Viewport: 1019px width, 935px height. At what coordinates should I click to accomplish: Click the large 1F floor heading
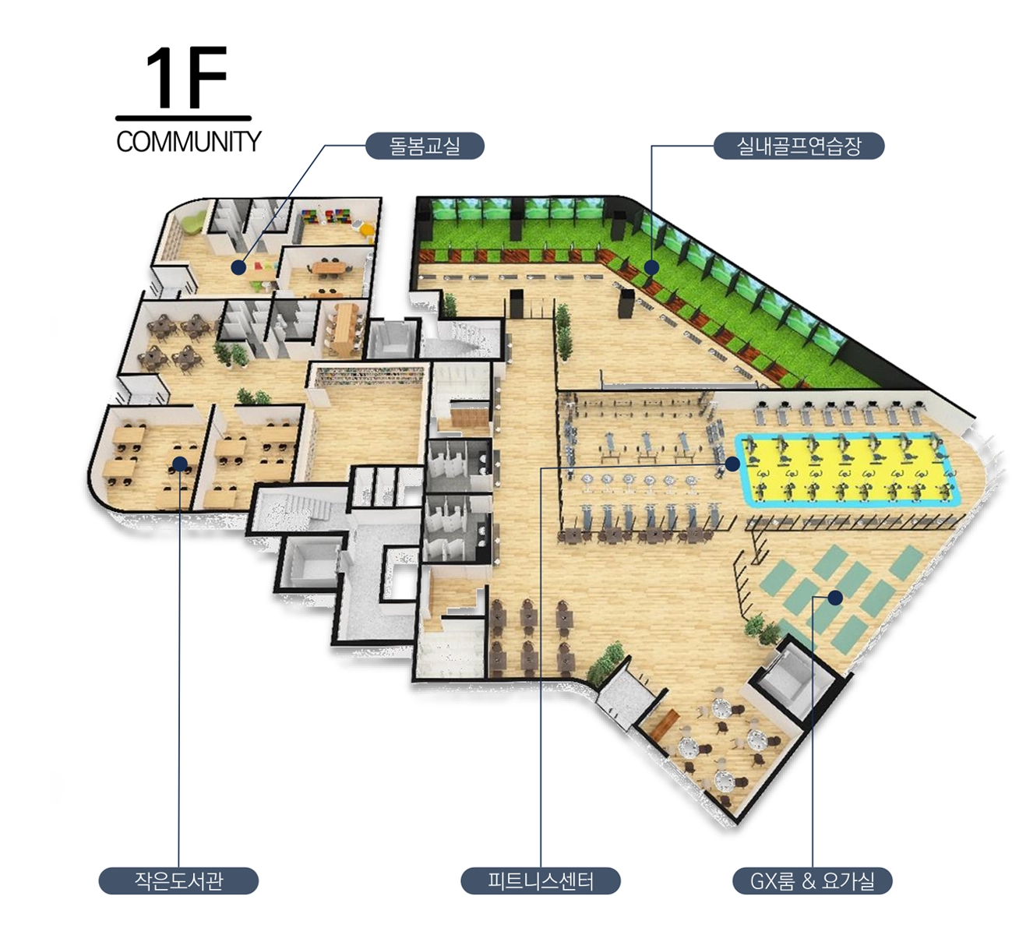click(186, 78)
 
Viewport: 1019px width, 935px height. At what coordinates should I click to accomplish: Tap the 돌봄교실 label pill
click(425, 146)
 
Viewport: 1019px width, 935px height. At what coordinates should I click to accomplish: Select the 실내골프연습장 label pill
click(799, 146)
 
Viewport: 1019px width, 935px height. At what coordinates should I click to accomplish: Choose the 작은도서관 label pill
click(178, 880)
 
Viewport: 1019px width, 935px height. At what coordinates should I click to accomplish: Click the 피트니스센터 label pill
click(541, 880)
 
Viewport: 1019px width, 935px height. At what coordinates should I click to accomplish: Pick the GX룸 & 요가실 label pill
click(813, 880)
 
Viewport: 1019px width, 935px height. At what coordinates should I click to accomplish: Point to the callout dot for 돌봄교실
click(238, 267)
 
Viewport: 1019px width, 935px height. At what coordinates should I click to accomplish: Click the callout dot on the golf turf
click(652, 267)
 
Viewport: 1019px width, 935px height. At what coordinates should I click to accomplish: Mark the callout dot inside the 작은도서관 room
click(180, 464)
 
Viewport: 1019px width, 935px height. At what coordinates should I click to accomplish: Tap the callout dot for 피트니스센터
click(732, 464)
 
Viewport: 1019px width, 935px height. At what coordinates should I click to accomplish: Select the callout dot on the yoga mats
click(835, 598)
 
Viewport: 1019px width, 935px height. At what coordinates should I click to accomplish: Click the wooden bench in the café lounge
click(665, 725)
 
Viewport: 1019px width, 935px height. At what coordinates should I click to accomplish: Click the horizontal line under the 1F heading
click(183, 118)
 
